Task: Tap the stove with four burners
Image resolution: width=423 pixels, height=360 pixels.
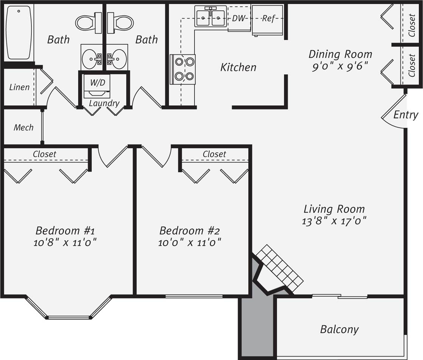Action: point(183,69)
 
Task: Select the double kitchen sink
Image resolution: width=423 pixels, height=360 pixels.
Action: point(211,17)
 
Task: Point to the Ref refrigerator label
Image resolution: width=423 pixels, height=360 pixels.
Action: point(268,18)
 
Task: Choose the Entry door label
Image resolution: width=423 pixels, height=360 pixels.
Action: point(406,115)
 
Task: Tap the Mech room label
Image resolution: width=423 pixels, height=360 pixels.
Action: point(23,128)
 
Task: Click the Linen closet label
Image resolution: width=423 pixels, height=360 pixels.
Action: point(19,87)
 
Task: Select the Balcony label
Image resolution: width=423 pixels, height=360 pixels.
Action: point(339,329)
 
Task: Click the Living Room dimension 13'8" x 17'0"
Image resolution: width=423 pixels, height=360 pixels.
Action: point(334,221)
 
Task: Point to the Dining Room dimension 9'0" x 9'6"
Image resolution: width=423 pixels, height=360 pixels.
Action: point(340,67)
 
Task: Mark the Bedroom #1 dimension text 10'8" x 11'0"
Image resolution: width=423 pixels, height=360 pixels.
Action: point(65,242)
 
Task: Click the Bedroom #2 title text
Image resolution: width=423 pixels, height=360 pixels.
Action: point(189,230)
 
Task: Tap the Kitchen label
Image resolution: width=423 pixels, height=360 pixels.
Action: point(238,67)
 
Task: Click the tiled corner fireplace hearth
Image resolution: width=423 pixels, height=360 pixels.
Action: point(280,268)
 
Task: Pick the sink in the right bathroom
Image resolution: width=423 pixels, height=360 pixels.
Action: point(118,59)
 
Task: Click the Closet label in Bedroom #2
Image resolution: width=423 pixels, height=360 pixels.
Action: point(214,154)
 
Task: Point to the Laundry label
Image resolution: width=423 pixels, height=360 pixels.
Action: point(104,103)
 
